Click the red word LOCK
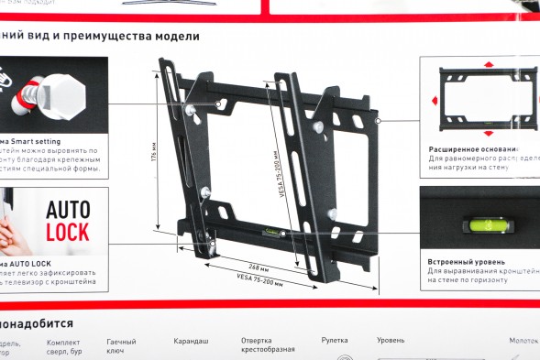pos(68,231)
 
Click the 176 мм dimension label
pos(155,150)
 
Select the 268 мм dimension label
pos(259,268)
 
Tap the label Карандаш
pos(192,341)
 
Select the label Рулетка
pos(334,341)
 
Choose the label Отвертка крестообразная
pos(268,345)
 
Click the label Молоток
pos(523,340)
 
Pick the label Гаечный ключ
pos(121,345)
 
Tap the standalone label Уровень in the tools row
pos(391,341)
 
